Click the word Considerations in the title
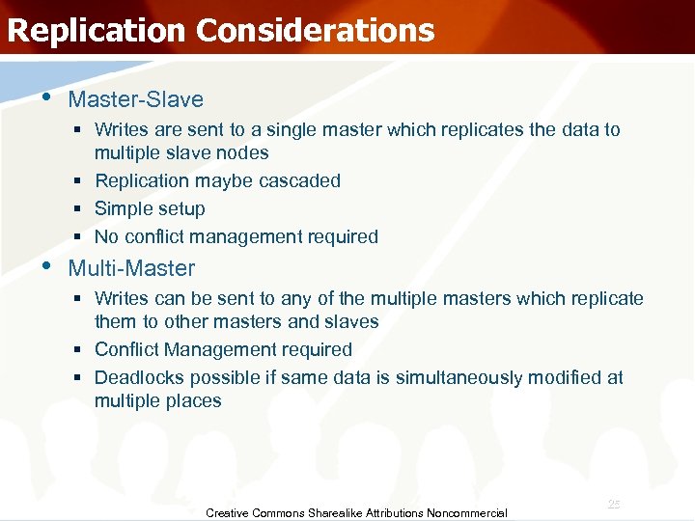315,30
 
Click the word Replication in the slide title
96,30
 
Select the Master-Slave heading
136,99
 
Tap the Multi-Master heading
131,268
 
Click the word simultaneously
457,377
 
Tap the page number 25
614,505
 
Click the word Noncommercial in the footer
470,513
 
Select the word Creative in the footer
228,513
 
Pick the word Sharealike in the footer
336,513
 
